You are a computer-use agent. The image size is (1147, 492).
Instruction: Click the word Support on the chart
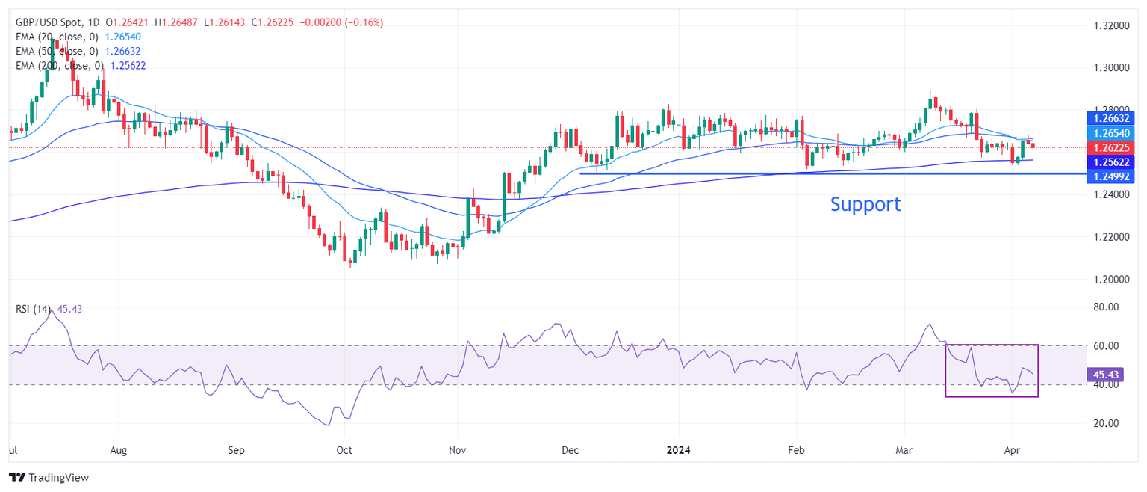[x=865, y=204]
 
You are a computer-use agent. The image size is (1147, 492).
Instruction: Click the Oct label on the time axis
[x=344, y=451]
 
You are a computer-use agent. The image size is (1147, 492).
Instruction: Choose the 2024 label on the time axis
[x=680, y=451]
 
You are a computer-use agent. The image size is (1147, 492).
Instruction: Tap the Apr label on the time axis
[x=1013, y=451]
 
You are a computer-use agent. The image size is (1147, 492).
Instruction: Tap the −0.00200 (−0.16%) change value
[x=341, y=22]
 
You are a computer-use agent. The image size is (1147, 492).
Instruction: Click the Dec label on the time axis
[x=570, y=451]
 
